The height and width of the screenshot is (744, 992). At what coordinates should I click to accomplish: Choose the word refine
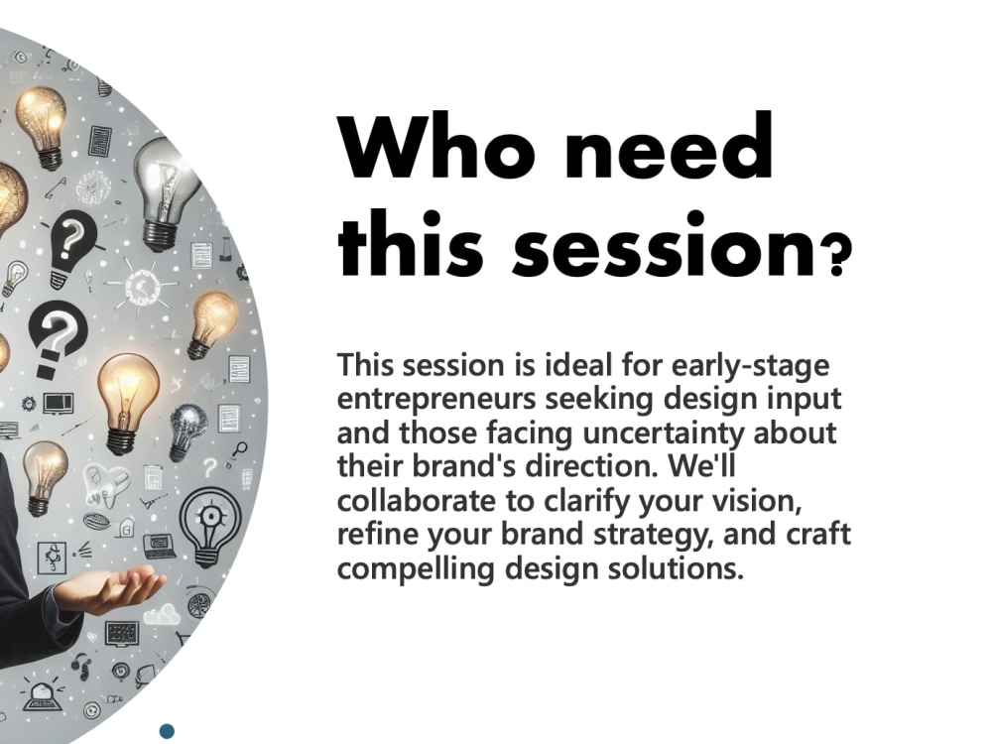coord(374,536)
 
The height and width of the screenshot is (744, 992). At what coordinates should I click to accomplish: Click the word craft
coord(819,536)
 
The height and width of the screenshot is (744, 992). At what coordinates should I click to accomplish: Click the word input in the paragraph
coord(809,400)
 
